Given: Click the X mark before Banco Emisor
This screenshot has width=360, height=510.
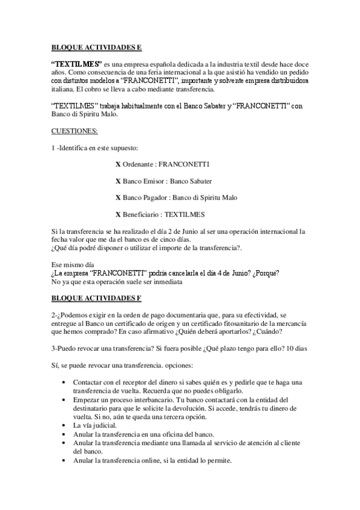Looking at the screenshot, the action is pos(118,180).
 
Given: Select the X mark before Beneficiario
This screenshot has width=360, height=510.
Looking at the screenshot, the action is pos(118,214).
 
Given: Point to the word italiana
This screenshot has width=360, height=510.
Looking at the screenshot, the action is pos(63,89).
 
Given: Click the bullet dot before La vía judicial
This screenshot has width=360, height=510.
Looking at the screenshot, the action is pos(64,425).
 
